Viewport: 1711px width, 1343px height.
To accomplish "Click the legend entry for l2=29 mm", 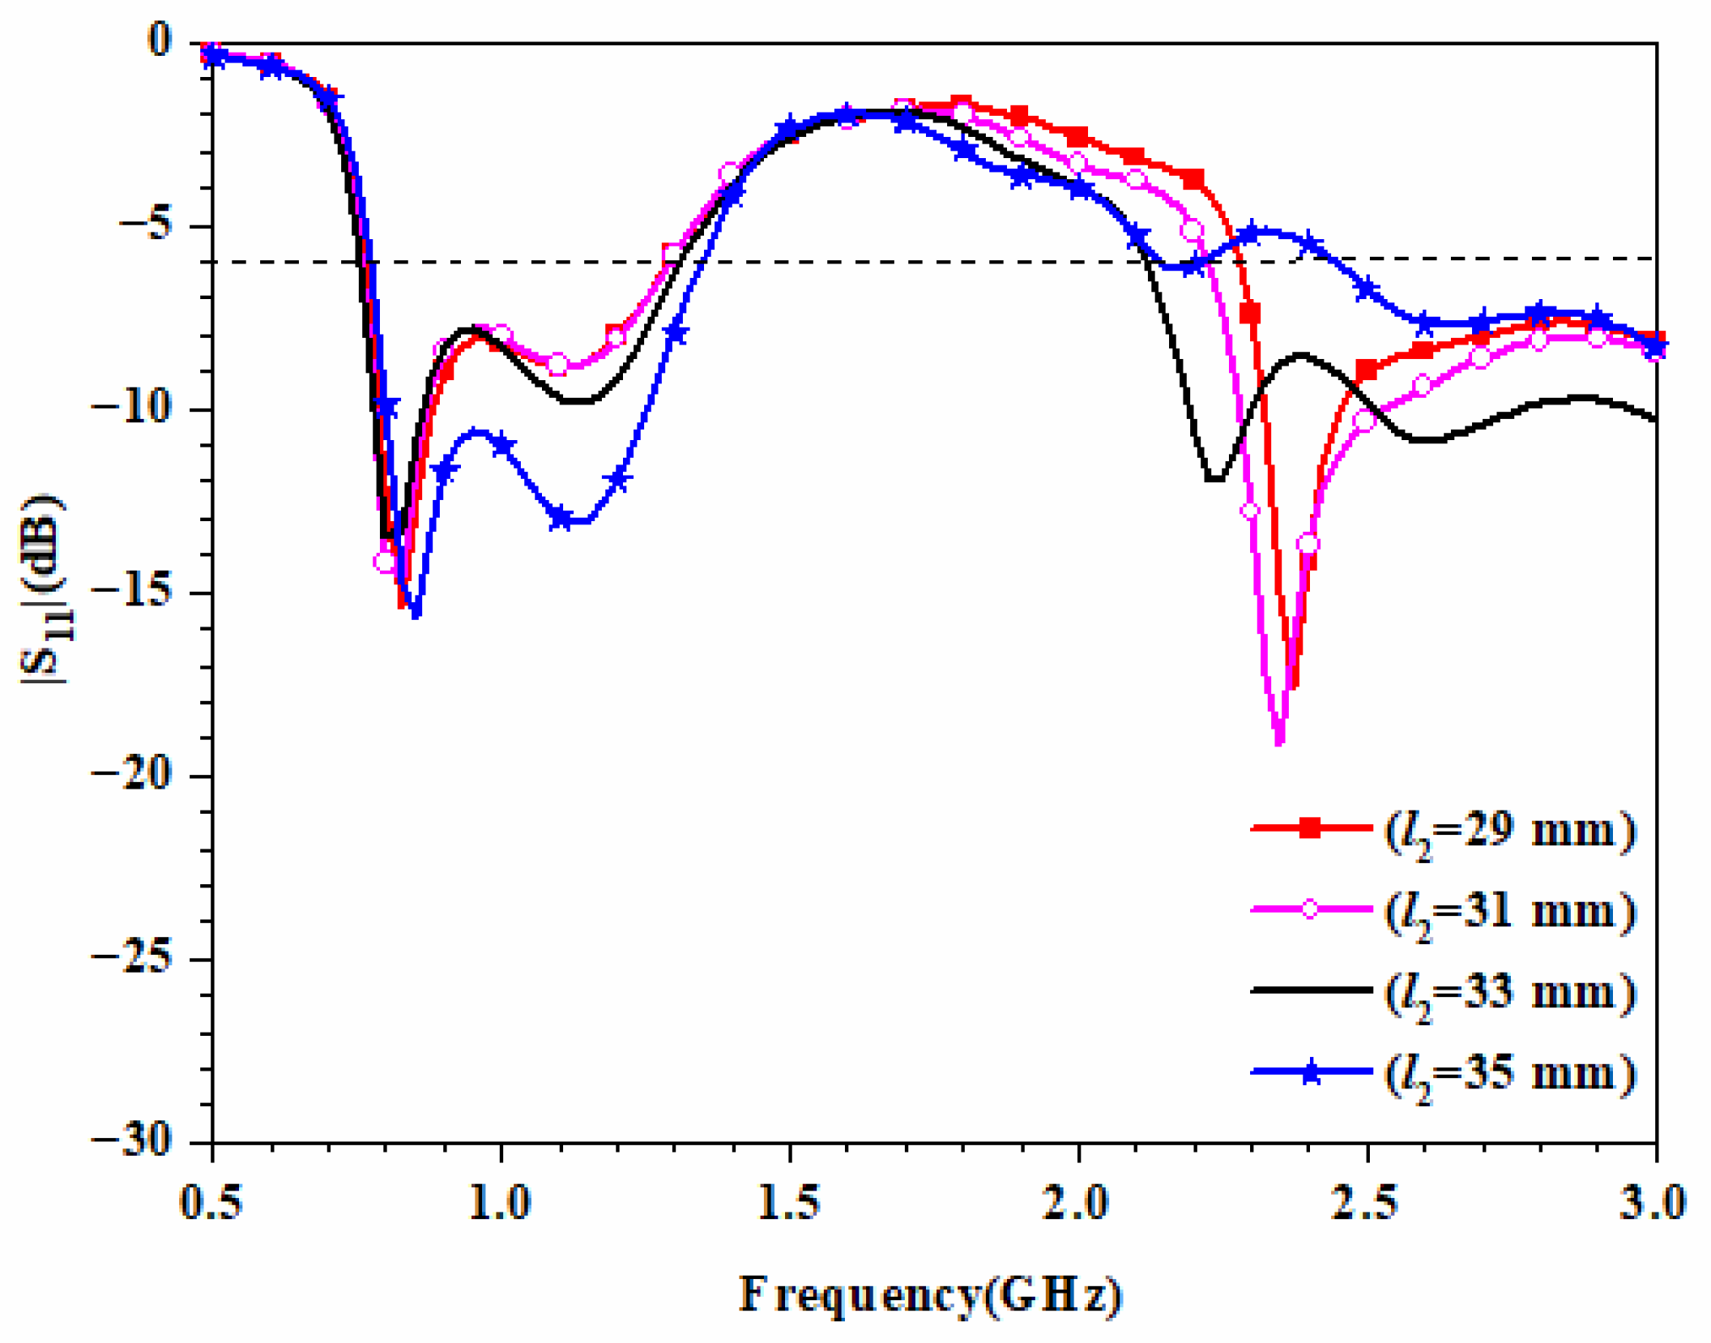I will click(1442, 830).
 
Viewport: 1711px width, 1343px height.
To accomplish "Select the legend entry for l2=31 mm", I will click(1442, 911).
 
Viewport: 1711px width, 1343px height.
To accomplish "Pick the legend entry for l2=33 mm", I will click(1442, 991).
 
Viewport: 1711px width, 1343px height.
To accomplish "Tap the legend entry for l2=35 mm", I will click(1442, 1073).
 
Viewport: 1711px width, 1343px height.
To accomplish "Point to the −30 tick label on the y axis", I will click(132, 1141).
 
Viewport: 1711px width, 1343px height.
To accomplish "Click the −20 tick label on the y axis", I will click(132, 775).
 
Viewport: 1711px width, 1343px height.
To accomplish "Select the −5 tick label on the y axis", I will click(146, 225).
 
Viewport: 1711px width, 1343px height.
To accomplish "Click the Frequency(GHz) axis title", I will click(930, 1294).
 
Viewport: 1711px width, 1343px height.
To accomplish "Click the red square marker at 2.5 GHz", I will click(1367, 371).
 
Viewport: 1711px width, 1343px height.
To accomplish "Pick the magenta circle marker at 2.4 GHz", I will click(1308, 544).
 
